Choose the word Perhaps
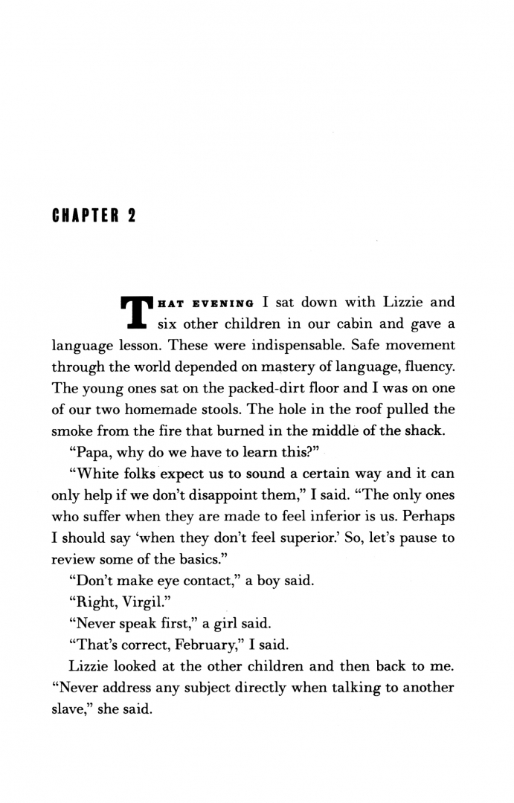click(425, 515)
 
